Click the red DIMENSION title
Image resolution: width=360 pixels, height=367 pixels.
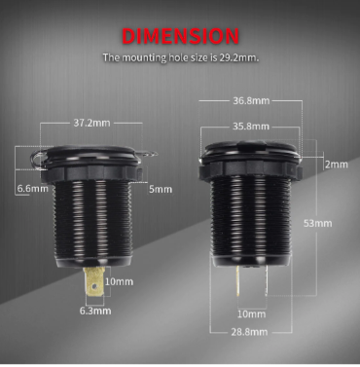click(181, 36)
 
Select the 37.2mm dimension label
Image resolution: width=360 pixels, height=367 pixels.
click(91, 123)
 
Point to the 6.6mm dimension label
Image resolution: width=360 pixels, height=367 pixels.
click(32, 188)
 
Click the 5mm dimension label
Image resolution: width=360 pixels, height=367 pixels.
click(161, 189)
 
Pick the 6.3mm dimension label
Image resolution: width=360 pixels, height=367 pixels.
click(95, 311)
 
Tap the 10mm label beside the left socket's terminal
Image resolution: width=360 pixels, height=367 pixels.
click(119, 281)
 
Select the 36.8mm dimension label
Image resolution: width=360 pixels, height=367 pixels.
click(251, 100)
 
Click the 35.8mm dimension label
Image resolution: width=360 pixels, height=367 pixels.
click(251, 127)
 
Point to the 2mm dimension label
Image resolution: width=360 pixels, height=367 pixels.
click(337, 165)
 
